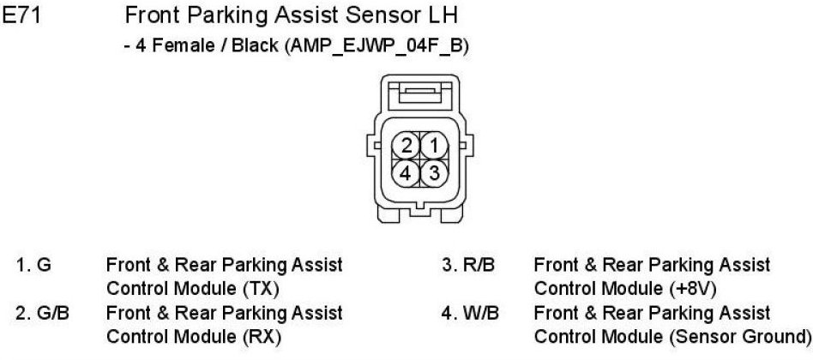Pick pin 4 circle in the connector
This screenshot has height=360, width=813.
[x=406, y=171]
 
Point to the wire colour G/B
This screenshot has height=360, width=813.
[x=53, y=313]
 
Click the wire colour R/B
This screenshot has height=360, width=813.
[x=479, y=265]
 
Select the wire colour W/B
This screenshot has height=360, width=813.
[x=480, y=313]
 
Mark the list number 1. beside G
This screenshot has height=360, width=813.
[x=24, y=265]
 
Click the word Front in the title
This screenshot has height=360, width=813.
[x=152, y=15]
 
